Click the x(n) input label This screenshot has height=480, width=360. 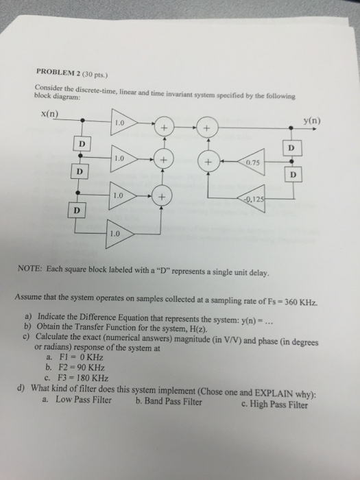pos(49,114)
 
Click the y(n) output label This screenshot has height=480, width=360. pos(312,121)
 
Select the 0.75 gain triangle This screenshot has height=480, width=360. pos(252,162)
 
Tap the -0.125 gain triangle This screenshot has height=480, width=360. pos(252,199)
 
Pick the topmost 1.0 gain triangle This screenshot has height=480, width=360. pos(123,122)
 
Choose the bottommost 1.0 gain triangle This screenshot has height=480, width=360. pos(120,234)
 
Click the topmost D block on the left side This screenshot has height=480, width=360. pos(82,143)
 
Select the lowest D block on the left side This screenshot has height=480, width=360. pos(77,211)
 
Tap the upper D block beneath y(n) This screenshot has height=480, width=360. pos(291,148)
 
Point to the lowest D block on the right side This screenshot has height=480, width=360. pos(293,174)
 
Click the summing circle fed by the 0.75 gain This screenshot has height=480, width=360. pos(208,161)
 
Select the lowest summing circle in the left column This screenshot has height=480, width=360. pos(161,196)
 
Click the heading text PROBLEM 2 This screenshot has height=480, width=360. pos(58,72)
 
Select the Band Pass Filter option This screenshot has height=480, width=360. pos(169,401)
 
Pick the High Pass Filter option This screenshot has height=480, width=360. pos(274,405)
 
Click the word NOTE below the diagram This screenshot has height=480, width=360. pos(30,269)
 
